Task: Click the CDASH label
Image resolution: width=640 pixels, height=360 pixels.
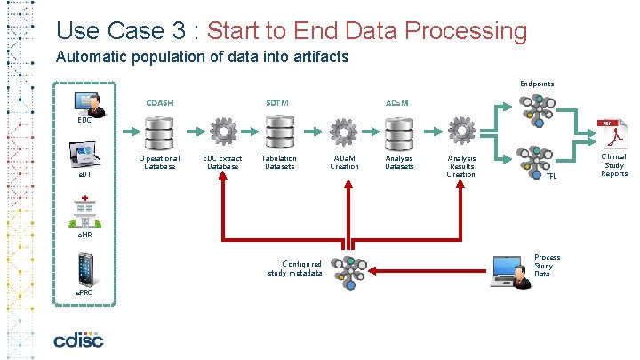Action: [160, 102]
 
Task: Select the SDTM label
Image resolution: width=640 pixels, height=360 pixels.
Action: [277, 102]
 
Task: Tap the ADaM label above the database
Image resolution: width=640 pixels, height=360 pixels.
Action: [396, 103]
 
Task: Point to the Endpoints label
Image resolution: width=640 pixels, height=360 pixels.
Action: [537, 84]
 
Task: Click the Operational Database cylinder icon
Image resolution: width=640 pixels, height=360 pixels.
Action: [161, 132]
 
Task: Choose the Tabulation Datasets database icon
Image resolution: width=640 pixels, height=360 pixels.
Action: [278, 132]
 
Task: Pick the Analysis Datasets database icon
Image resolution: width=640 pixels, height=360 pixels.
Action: [398, 132]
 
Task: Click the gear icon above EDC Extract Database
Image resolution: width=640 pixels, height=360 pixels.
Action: [222, 132]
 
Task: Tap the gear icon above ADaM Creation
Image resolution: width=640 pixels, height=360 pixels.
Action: [344, 132]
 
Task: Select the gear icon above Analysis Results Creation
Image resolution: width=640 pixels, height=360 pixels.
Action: [460, 132]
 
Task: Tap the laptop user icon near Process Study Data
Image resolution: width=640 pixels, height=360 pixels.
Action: [507, 268]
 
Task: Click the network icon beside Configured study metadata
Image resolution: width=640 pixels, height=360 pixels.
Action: [348, 269]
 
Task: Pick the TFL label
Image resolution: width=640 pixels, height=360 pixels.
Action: [551, 176]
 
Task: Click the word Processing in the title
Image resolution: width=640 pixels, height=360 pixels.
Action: [466, 30]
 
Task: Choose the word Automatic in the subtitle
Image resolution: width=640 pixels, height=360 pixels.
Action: [85, 58]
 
